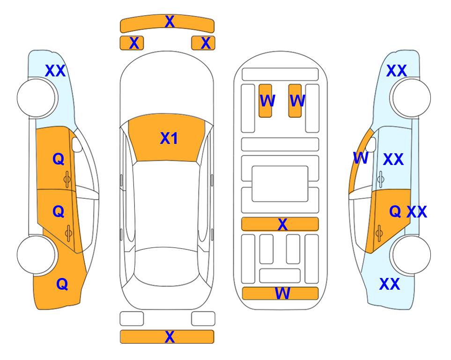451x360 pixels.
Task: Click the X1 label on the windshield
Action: (169, 138)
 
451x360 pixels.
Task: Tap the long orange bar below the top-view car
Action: (167, 337)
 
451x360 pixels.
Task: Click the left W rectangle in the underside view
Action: (265, 101)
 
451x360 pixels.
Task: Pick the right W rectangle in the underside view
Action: (295, 101)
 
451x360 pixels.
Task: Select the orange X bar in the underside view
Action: (280, 224)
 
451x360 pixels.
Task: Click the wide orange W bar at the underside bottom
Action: (281, 293)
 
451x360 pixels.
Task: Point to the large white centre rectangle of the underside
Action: (280, 184)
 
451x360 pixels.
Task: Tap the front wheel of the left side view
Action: (37, 98)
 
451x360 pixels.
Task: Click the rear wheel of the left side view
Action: (37, 255)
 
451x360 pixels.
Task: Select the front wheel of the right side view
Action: (411, 98)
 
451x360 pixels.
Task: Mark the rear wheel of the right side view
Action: (411, 255)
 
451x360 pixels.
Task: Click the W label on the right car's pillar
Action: (361, 158)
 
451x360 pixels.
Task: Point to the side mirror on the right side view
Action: (371, 144)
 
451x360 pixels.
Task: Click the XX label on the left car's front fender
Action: (56, 71)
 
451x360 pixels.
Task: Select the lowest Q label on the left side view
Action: (62, 285)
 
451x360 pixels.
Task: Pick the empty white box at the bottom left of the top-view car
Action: (132, 319)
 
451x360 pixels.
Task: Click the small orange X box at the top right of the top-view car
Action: (203, 43)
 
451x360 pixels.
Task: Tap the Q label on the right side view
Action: (395, 212)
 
